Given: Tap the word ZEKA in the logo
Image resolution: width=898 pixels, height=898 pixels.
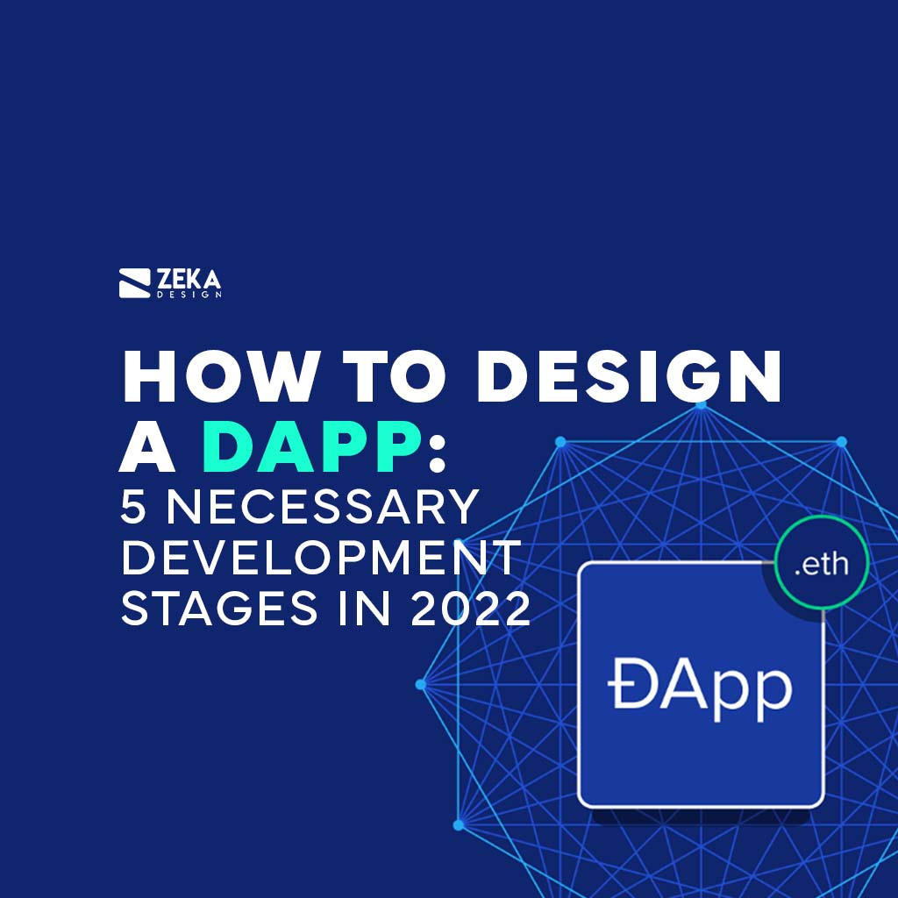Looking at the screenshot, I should pos(189,280).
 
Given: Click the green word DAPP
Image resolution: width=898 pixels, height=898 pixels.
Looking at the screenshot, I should pos(311,450).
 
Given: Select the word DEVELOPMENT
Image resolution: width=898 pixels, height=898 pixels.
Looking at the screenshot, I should pos(321,559).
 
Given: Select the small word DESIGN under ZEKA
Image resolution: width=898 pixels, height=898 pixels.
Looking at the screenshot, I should pos(189,296).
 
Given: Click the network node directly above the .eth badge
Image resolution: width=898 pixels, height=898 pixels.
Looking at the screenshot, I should pos(841,441).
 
